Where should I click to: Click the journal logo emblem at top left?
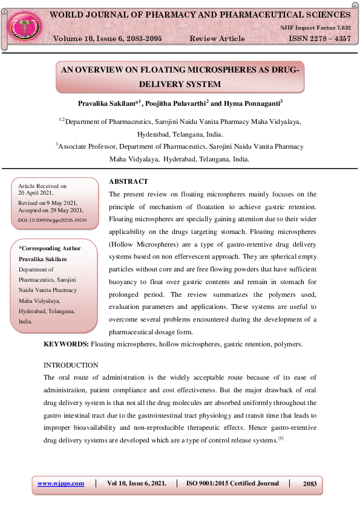(x=25, y=26)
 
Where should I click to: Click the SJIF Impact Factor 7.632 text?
(x=315, y=28)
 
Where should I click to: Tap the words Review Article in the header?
(x=217, y=39)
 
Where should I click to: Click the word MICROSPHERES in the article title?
(x=212, y=70)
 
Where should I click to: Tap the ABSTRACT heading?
(x=128, y=181)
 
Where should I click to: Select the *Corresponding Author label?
(x=50, y=248)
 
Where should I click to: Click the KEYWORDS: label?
(x=66, y=344)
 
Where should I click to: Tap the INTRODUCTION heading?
(x=71, y=365)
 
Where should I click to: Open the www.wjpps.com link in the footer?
(x=61, y=484)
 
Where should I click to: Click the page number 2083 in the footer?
(x=309, y=484)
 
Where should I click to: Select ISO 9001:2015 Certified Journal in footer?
(x=233, y=484)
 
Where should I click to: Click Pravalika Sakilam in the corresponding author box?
(x=43, y=259)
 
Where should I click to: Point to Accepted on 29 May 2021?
(x=51, y=211)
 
